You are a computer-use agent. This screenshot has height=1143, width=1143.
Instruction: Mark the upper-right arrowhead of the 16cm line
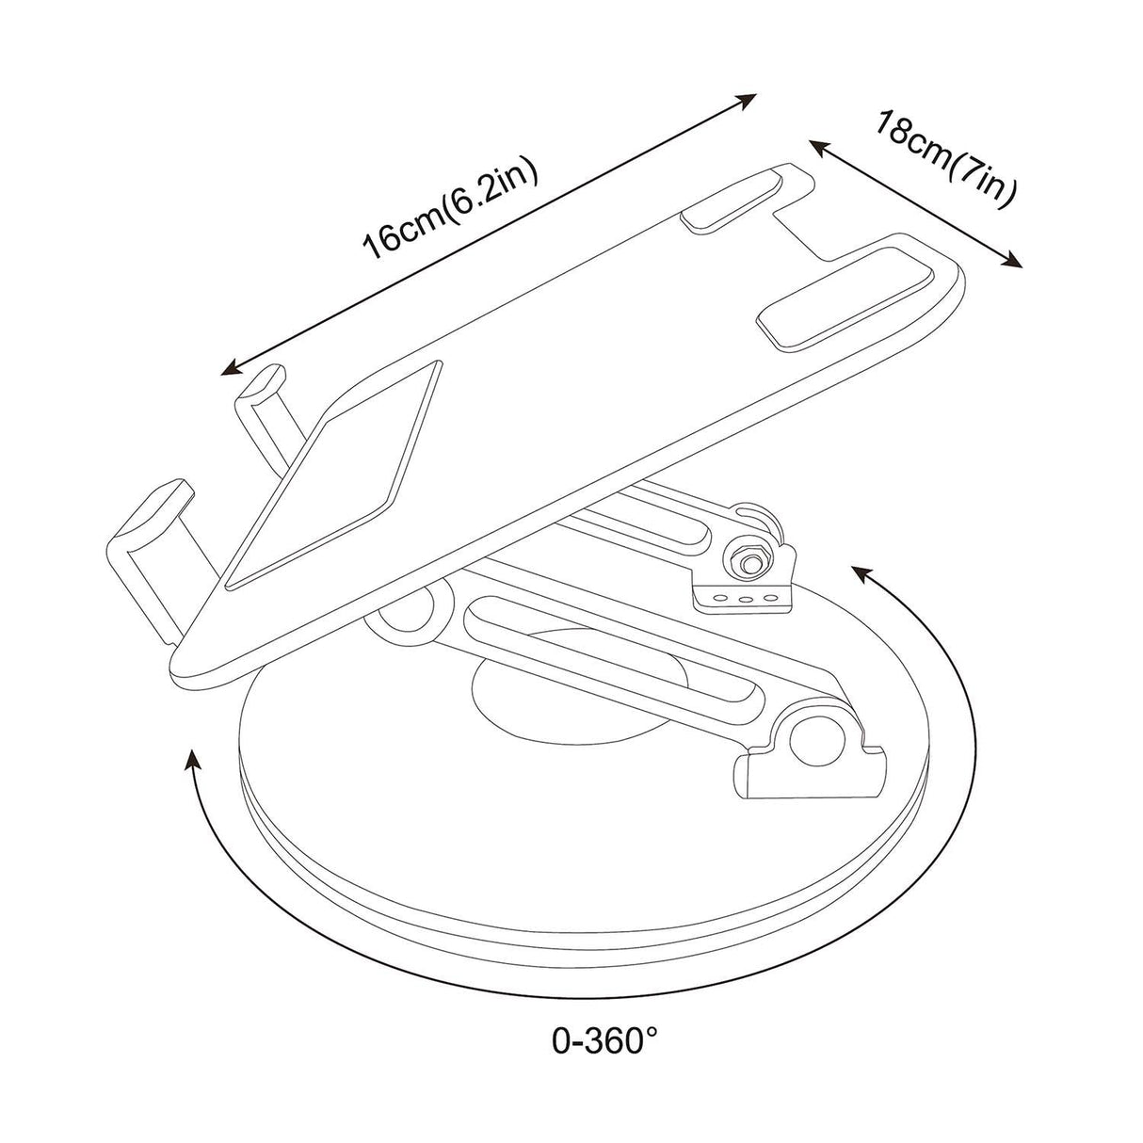(749, 98)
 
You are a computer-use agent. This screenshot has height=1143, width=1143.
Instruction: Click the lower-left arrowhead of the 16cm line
(230, 368)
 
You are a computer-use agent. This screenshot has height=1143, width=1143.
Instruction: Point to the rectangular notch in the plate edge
(814, 233)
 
